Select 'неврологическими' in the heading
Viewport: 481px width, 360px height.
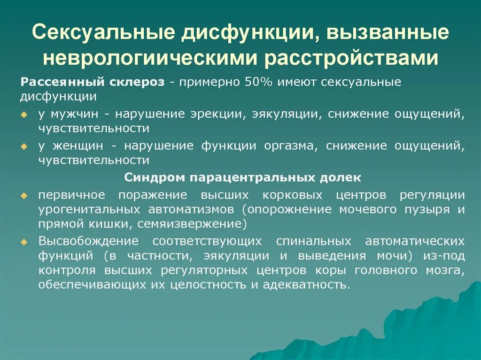pyautogui.click(x=150, y=59)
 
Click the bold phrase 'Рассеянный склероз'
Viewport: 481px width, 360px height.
pyautogui.click(x=92, y=82)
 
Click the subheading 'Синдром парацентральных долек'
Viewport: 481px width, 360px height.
pyautogui.click(x=243, y=178)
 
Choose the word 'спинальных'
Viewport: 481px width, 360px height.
pyautogui.click(x=313, y=241)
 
